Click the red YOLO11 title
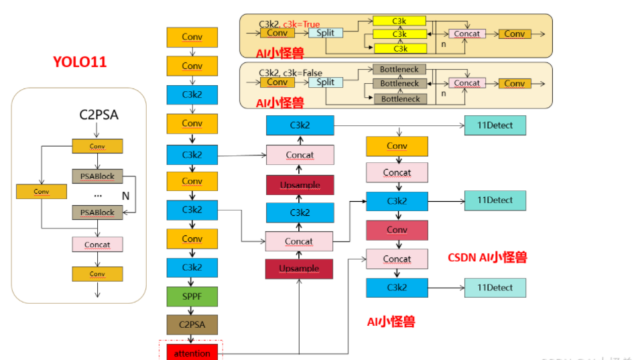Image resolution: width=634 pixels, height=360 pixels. click(80, 62)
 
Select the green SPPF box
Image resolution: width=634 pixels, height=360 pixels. click(192, 296)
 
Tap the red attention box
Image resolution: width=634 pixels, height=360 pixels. click(192, 353)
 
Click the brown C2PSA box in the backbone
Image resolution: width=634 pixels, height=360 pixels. click(192, 324)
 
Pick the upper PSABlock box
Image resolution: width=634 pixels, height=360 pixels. click(97, 176)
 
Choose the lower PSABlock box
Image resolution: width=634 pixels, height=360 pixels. click(97, 213)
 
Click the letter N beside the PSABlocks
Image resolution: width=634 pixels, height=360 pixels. click(125, 195)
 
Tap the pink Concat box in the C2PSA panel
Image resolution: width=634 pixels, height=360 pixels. click(97, 245)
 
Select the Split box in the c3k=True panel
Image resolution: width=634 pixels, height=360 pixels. click(325, 33)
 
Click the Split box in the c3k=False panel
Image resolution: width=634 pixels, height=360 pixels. click(325, 82)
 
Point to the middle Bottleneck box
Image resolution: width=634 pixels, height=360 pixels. click(399, 84)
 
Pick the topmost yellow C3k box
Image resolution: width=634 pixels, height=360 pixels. click(400, 21)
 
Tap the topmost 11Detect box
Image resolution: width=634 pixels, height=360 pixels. click(495, 125)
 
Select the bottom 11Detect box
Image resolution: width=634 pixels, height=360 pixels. click(495, 288)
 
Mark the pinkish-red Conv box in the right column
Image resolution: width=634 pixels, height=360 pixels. click(397, 230)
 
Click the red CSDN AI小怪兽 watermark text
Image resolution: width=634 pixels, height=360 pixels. click(487, 257)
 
